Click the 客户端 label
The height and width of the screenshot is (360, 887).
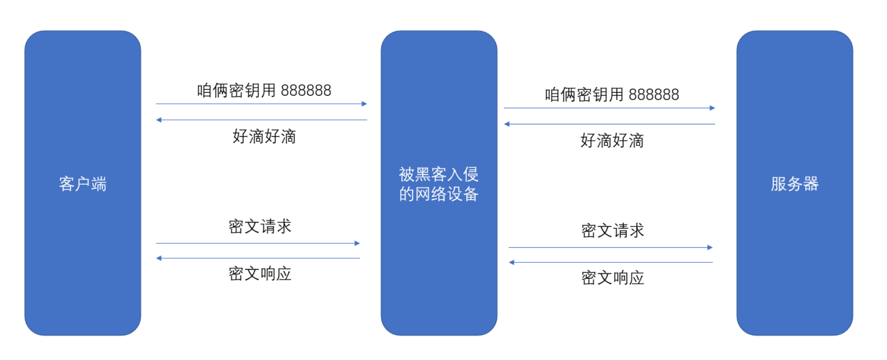[83, 184]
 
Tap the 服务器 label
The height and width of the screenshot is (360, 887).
[794, 184]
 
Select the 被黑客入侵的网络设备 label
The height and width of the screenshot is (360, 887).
[439, 184]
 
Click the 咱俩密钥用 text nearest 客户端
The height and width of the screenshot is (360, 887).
[236, 91]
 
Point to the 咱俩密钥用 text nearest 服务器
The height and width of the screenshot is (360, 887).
[584, 95]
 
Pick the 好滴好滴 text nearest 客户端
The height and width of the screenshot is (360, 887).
[264, 136]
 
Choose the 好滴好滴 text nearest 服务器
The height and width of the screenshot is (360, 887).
[612, 141]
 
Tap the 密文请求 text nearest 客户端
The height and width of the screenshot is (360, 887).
[260, 227]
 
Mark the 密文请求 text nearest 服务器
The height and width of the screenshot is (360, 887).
[612, 231]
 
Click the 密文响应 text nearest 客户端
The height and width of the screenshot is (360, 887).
[260, 274]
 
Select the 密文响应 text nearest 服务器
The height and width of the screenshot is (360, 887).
[612, 278]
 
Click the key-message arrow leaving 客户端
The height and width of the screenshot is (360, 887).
[261, 104]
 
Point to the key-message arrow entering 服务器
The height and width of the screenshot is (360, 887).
[609, 108]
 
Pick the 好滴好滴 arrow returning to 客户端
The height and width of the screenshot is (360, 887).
[261, 120]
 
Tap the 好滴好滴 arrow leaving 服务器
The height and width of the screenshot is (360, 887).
[609, 124]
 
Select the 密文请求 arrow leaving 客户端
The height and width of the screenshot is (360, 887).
[258, 243]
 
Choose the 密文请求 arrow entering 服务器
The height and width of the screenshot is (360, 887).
[610, 247]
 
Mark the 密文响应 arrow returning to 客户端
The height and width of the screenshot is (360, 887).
[258, 258]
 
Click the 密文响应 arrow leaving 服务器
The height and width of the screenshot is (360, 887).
[610, 262]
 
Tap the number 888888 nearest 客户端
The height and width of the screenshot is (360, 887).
[306, 91]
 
